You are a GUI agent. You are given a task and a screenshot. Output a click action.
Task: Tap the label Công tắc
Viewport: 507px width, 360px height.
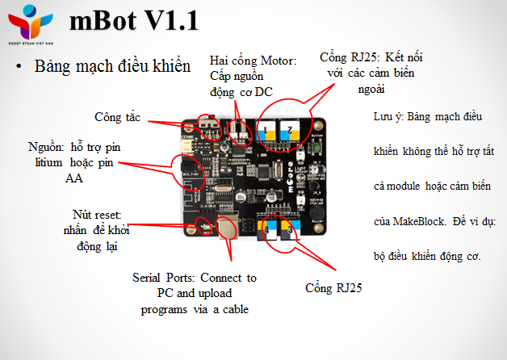(117, 117)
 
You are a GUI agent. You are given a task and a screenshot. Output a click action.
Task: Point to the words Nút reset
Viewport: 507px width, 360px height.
(91, 216)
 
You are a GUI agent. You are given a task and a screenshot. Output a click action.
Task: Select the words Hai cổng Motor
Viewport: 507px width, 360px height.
(253, 61)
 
